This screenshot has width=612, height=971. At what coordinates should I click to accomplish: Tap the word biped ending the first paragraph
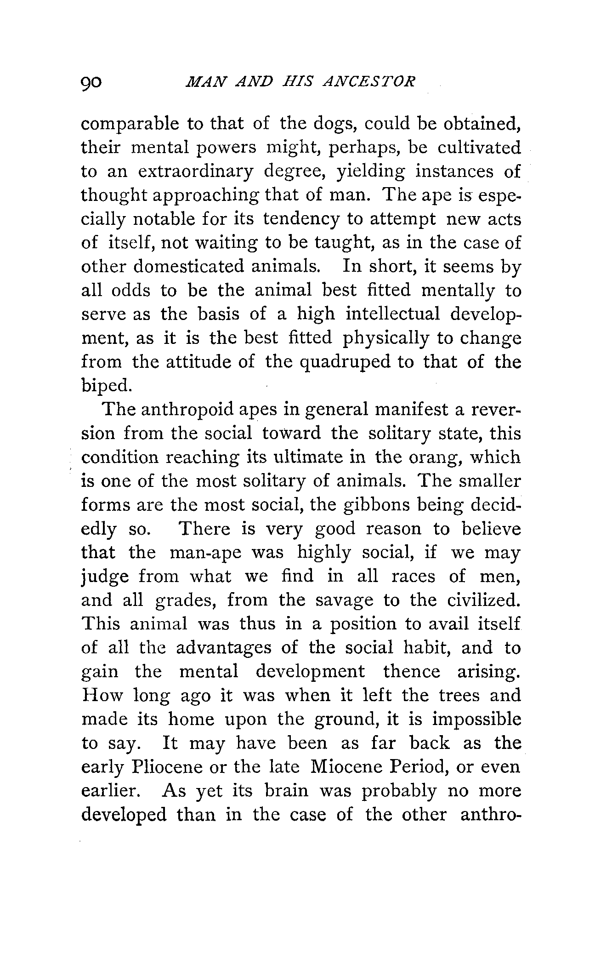pyautogui.click(x=106, y=387)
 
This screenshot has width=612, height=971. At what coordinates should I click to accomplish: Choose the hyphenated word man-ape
pyautogui.click(x=205, y=553)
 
